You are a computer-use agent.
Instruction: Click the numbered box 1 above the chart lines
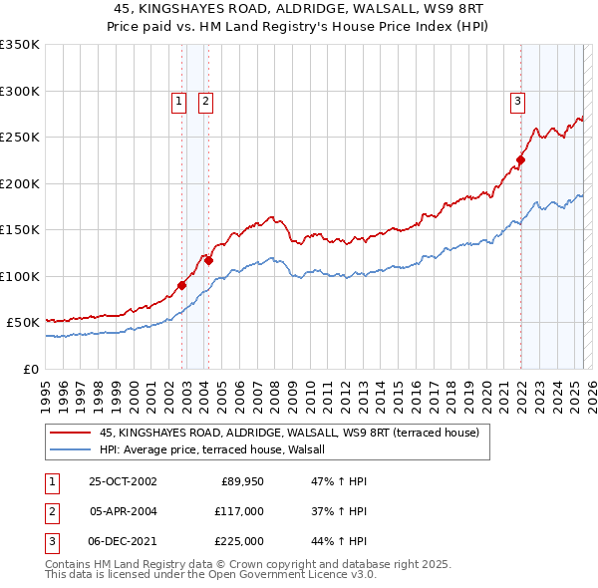[x=178, y=100]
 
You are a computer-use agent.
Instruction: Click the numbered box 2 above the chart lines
[x=205, y=100]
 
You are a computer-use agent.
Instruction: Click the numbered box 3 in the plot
[x=518, y=100]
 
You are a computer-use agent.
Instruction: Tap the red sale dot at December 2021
[x=520, y=159]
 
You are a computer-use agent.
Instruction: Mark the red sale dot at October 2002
[x=182, y=285]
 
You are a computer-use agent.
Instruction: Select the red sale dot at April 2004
[x=208, y=260]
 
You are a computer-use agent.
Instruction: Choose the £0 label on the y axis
[x=30, y=369]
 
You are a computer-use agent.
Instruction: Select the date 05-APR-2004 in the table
[x=123, y=510]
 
